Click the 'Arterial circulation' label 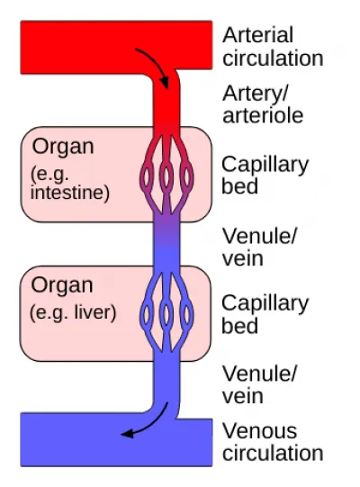[x=273, y=47]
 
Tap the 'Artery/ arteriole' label [x=263, y=104]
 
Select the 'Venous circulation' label [x=273, y=442]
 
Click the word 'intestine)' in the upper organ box [x=70, y=193]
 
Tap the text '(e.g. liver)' [x=73, y=312]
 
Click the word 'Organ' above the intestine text [x=63, y=147]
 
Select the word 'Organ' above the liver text [x=62, y=285]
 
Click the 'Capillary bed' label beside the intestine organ [x=265, y=176]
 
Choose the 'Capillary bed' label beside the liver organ [x=265, y=314]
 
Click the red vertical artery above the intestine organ [x=166, y=103]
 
